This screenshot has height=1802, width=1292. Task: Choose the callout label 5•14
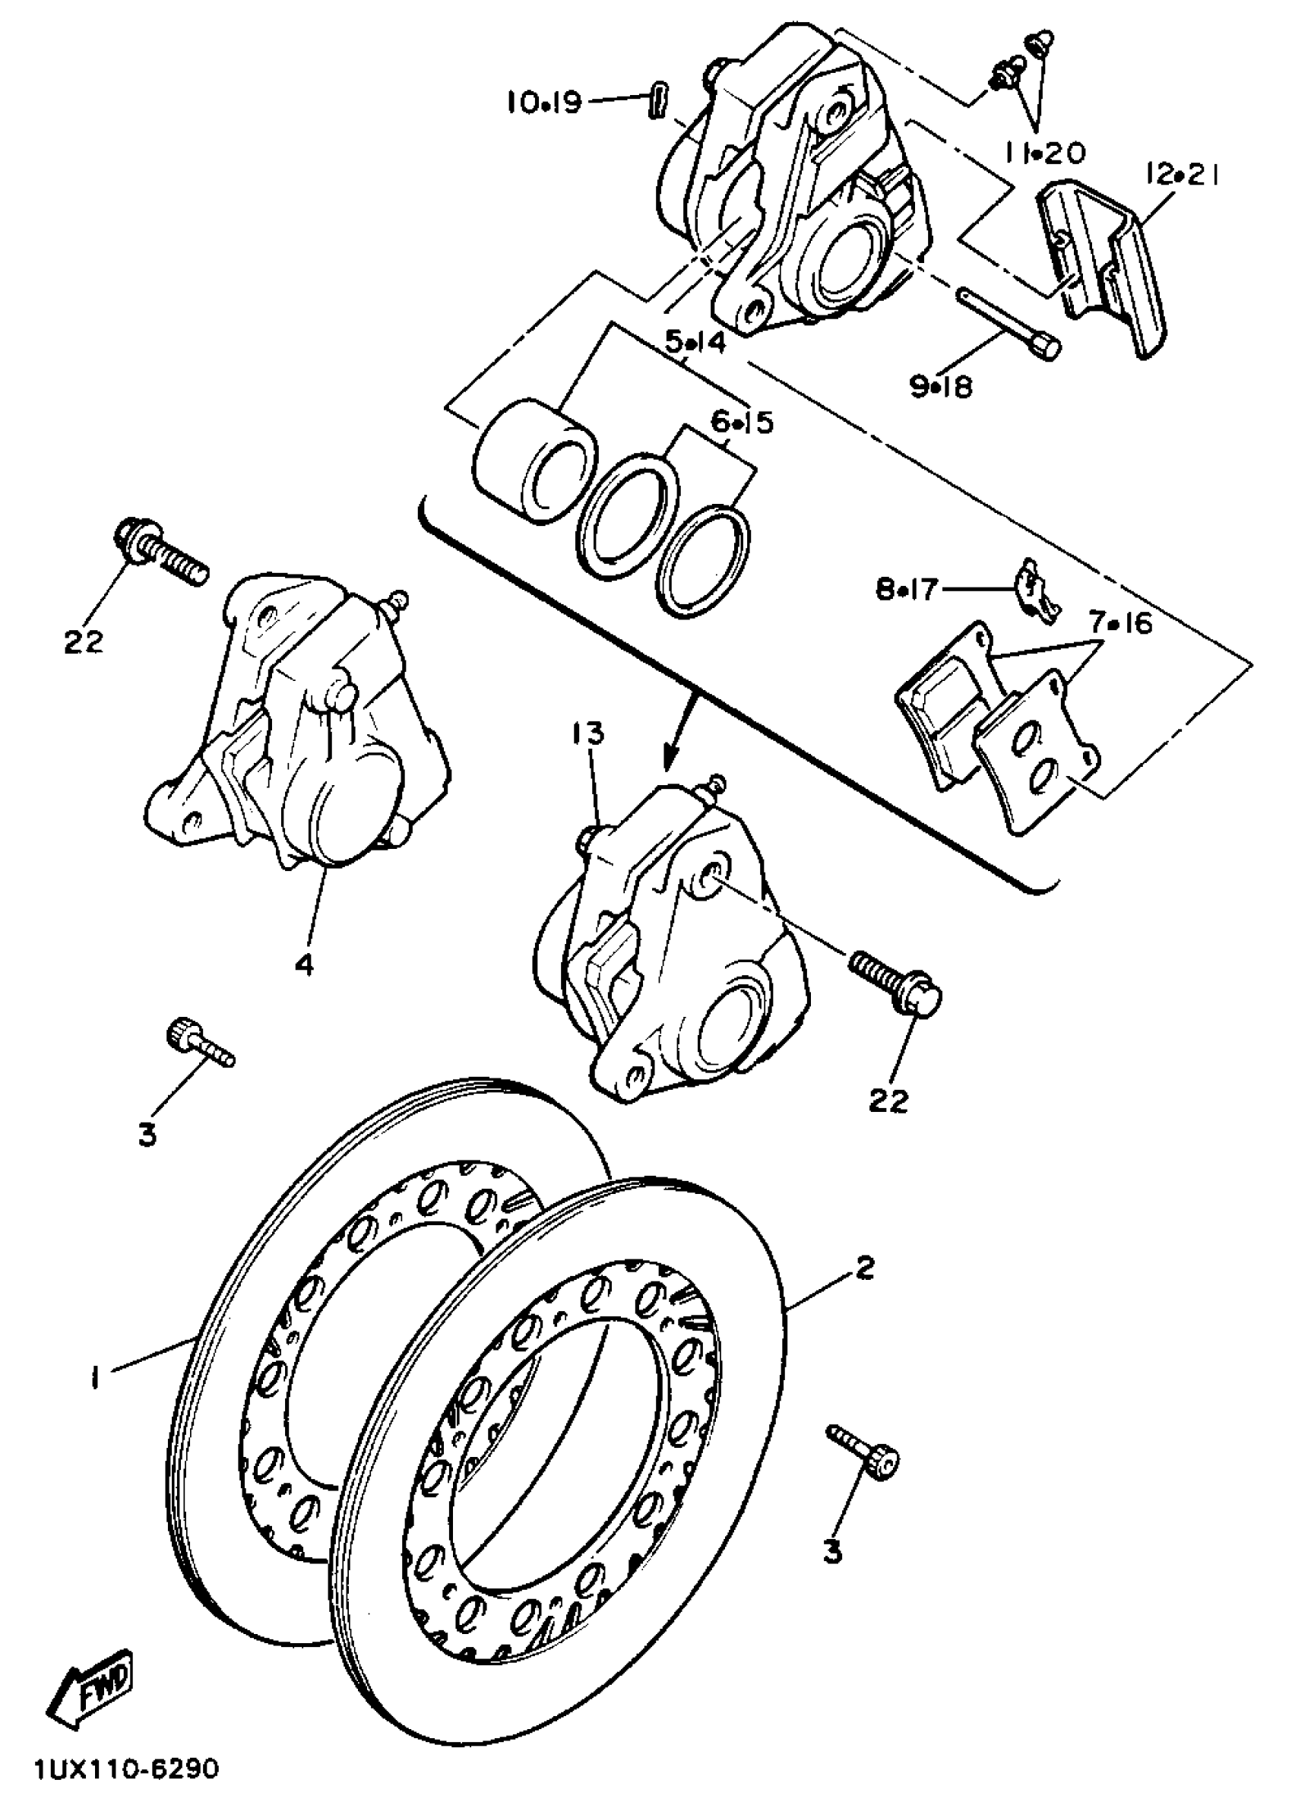point(695,344)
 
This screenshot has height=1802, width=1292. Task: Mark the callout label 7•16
point(1120,624)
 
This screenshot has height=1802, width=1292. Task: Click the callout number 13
point(586,733)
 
